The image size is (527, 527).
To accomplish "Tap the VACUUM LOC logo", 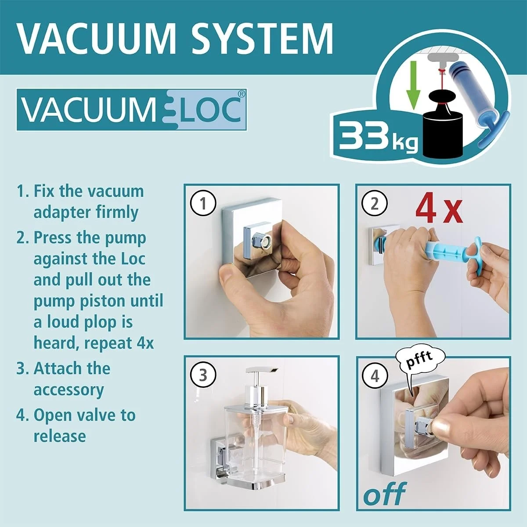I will [x=131, y=110].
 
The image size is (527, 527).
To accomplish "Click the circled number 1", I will [x=203, y=203].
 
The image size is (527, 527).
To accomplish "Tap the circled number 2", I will [x=374, y=203].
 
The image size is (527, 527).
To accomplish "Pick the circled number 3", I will [x=203, y=375].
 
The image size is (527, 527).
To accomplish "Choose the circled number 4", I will [x=374, y=376].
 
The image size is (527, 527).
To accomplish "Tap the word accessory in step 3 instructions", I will [x=69, y=390].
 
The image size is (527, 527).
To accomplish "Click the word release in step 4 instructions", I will [x=60, y=436].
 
